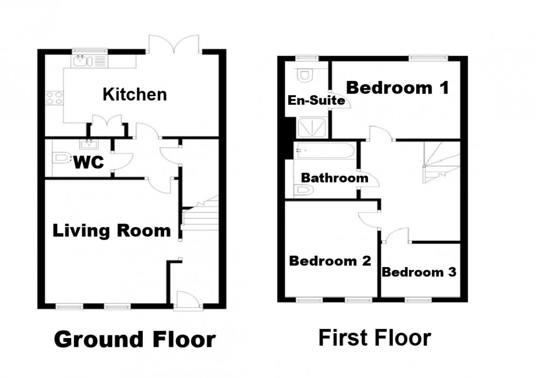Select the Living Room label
(x=112, y=231)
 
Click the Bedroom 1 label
(x=398, y=87)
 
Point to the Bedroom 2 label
(x=330, y=261)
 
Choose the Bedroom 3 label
(x=418, y=271)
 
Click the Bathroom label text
(x=335, y=178)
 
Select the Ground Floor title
(x=134, y=339)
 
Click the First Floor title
(x=375, y=338)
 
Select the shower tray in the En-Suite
(x=312, y=128)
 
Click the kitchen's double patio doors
(x=174, y=45)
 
